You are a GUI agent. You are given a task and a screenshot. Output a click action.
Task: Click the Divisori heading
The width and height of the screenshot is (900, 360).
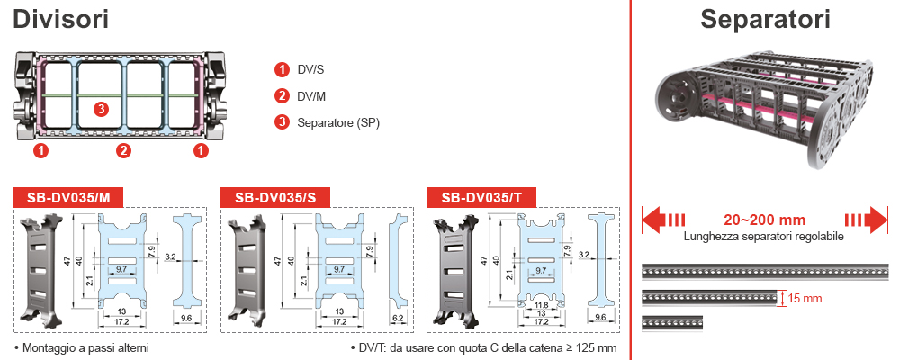tap(61, 19)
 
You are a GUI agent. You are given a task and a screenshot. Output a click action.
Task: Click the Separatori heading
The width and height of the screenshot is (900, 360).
tap(765, 19)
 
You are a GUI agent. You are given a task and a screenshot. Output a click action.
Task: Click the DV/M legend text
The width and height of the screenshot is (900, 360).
tap(311, 96)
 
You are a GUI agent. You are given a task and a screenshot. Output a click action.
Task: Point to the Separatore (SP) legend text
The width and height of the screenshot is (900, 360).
tap(337, 122)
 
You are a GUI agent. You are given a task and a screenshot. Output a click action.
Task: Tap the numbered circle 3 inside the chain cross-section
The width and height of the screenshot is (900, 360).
tap(102, 110)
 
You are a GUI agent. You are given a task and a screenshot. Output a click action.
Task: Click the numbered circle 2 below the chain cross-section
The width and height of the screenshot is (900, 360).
tap(124, 150)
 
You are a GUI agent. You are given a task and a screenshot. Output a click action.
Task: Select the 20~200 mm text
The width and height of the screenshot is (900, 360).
tap(764, 220)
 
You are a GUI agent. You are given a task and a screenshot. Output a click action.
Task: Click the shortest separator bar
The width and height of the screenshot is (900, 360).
tap(671, 321)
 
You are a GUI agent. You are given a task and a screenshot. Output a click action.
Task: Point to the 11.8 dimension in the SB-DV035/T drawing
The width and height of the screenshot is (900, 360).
tap(541, 304)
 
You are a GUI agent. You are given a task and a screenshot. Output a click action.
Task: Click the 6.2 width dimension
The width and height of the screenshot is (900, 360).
tap(398, 319)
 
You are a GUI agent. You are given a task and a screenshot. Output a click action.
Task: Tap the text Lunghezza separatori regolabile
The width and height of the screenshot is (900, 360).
tap(764, 238)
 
